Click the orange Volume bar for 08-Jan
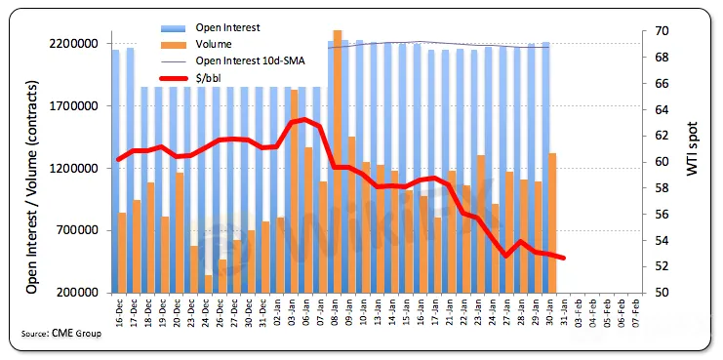tap(338, 161)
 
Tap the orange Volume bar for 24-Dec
tap(208, 284)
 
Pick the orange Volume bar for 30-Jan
tap(552, 223)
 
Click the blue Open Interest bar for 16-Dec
tap(115, 172)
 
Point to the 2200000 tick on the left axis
tap(75, 44)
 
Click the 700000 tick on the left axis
tap(78, 230)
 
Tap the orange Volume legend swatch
tap(173, 44)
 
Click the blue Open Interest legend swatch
tap(173, 27)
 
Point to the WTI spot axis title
tap(692, 148)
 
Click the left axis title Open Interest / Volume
tap(31, 188)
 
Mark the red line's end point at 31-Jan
tap(563, 258)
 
